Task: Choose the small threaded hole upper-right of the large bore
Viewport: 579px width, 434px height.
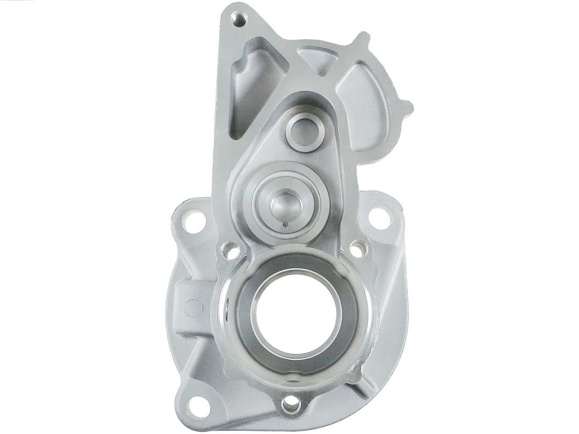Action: click(x=357, y=248)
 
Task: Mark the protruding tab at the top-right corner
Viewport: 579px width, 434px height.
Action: click(x=362, y=41)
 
